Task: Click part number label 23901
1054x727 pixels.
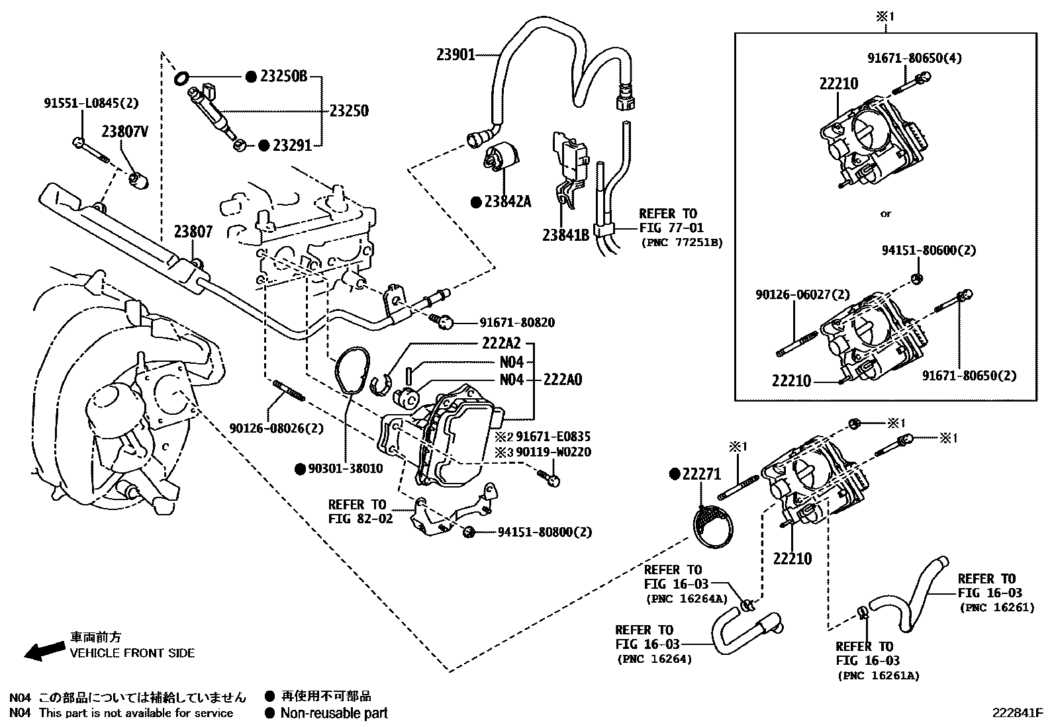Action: pyautogui.click(x=455, y=54)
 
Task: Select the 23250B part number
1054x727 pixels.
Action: pyautogui.click(x=283, y=77)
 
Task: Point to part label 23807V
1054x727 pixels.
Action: pyautogui.click(x=124, y=132)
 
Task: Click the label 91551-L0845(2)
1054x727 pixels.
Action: pyautogui.click(x=91, y=103)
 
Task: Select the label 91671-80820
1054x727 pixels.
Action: pyautogui.click(x=517, y=323)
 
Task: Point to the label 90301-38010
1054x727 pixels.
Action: pyautogui.click(x=345, y=468)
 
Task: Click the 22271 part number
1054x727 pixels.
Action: pyautogui.click(x=700, y=474)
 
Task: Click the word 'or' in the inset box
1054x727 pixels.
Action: pyautogui.click(x=885, y=214)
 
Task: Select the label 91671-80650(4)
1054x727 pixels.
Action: pyautogui.click(x=914, y=58)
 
